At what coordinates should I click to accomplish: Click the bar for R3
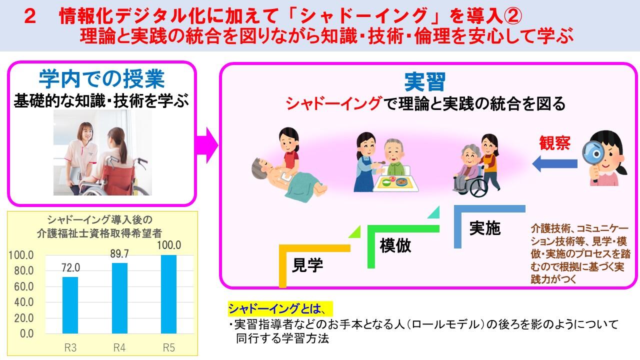pyautogui.click(x=70, y=305)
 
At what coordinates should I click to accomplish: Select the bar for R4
pyautogui.click(x=119, y=298)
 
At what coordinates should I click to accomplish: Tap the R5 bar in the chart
pyautogui.click(x=168, y=294)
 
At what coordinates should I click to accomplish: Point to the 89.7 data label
pyautogui.click(x=119, y=253)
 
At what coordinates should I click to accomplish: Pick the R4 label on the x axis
pyautogui.click(x=119, y=347)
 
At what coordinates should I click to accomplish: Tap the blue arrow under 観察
pyautogui.click(x=554, y=163)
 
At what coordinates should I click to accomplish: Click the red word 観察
pyautogui.click(x=554, y=143)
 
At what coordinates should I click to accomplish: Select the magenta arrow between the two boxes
pyautogui.click(x=206, y=145)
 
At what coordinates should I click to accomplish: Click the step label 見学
pyautogui.click(x=307, y=265)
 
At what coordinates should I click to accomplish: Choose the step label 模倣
pyautogui.click(x=395, y=245)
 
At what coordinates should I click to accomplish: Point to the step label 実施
pyautogui.click(x=485, y=228)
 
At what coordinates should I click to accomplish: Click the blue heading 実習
pyautogui.click(x=425, y=82)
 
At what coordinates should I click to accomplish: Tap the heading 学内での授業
pyautogui.click(x=101, y=79)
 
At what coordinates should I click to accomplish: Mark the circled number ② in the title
pyautogui.click(x=512, y=16)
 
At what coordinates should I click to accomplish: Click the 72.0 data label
pyautogui.click(x=70, y=267)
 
